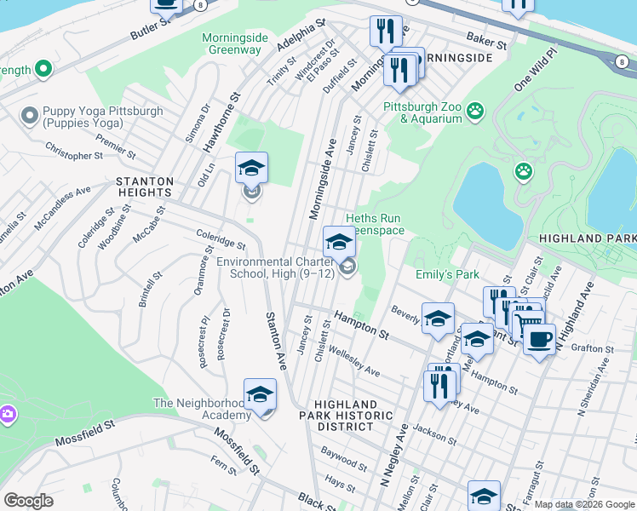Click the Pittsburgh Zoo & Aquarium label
tap(423, 112)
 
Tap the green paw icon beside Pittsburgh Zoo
tap(475, 110)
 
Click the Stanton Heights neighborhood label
tap(145, 187)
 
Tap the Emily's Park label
tap(447, 274)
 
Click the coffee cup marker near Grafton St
tap(538, 339)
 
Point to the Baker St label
tap(487, 39)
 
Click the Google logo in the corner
tap(28, 501)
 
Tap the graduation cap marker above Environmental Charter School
tap(339, 241)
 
